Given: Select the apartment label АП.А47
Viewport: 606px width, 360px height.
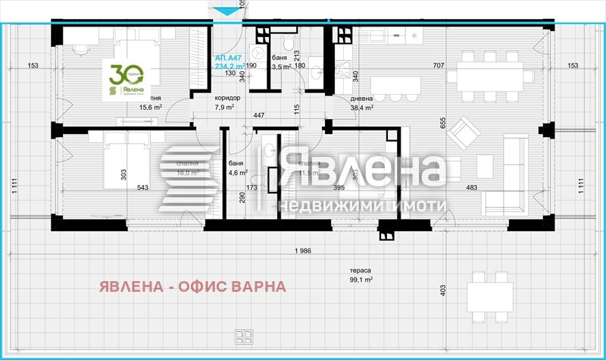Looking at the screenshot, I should click(229, 57).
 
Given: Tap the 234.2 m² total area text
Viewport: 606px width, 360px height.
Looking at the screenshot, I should click(230, 66).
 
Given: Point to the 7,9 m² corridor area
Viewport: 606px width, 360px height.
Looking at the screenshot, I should click(225, 108).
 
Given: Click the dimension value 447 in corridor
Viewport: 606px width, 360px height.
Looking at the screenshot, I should click(258, 115).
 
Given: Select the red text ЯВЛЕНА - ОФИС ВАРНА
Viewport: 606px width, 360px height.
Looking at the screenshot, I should click(192, 286).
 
